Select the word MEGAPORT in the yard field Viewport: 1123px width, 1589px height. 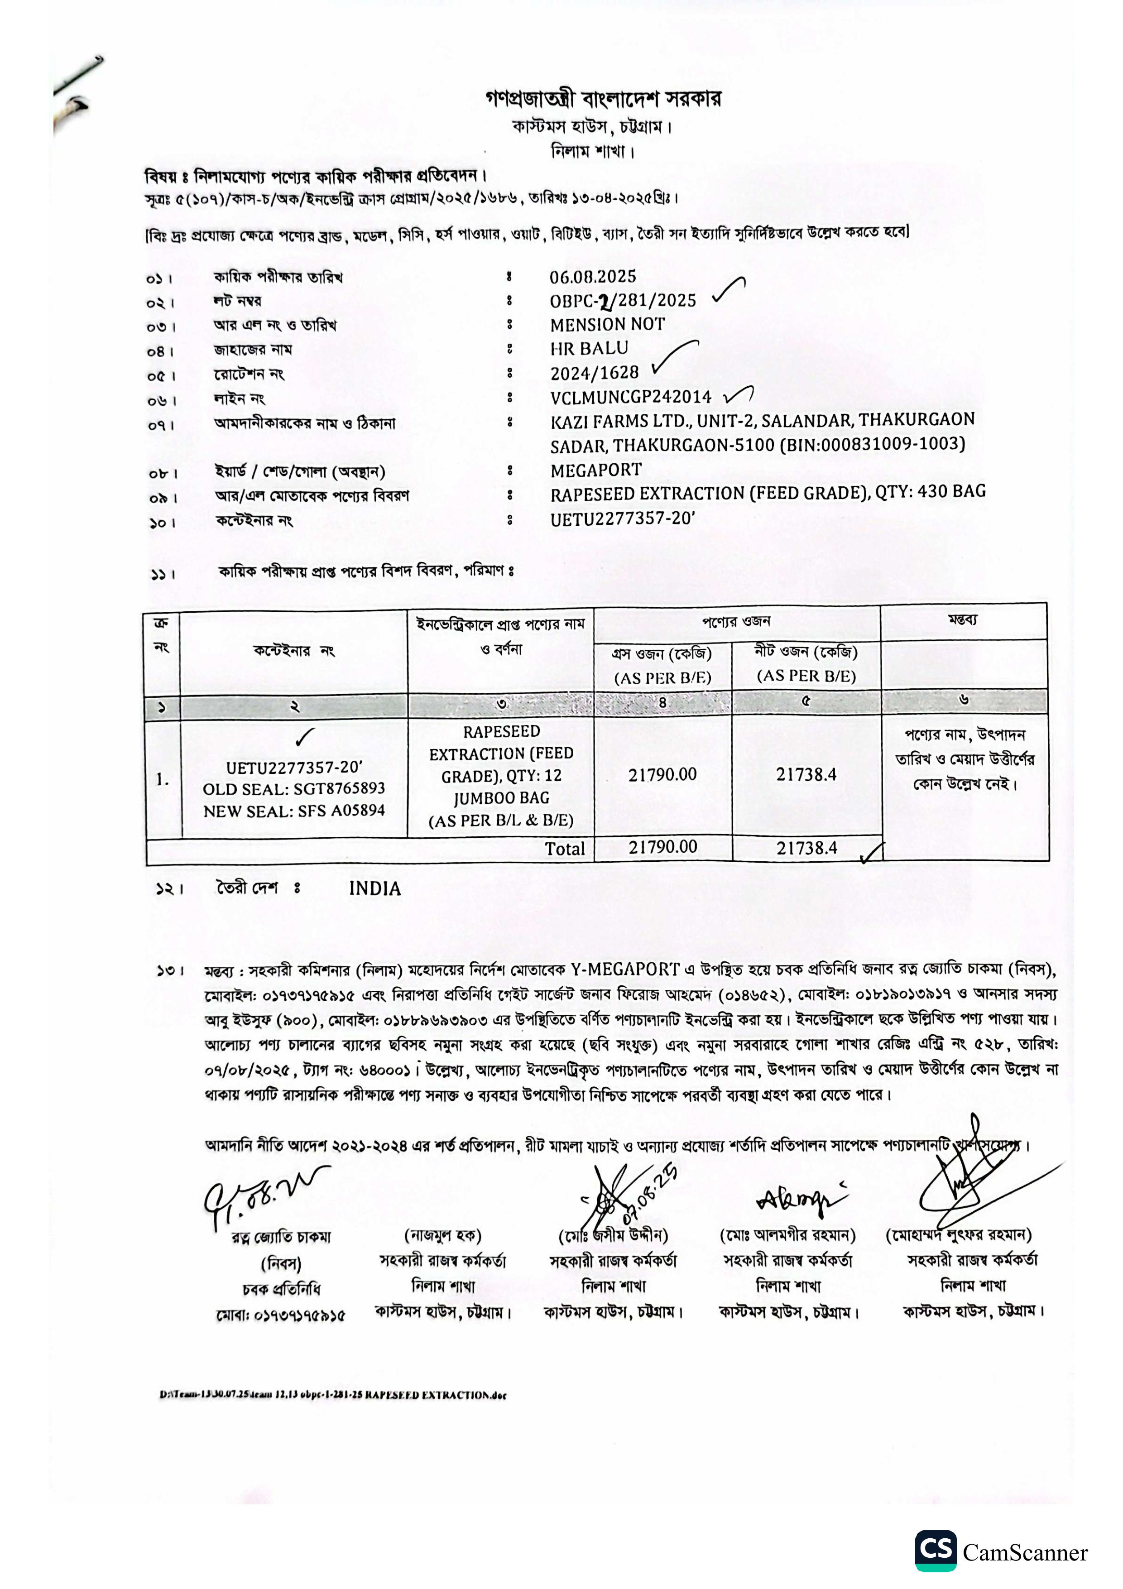[x=596, y=470]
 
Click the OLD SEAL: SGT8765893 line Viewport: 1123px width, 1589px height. [x=293, y=789]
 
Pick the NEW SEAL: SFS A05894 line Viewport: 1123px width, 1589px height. [x=293, y=811]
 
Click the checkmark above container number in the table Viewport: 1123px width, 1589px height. [x=304, y=738]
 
